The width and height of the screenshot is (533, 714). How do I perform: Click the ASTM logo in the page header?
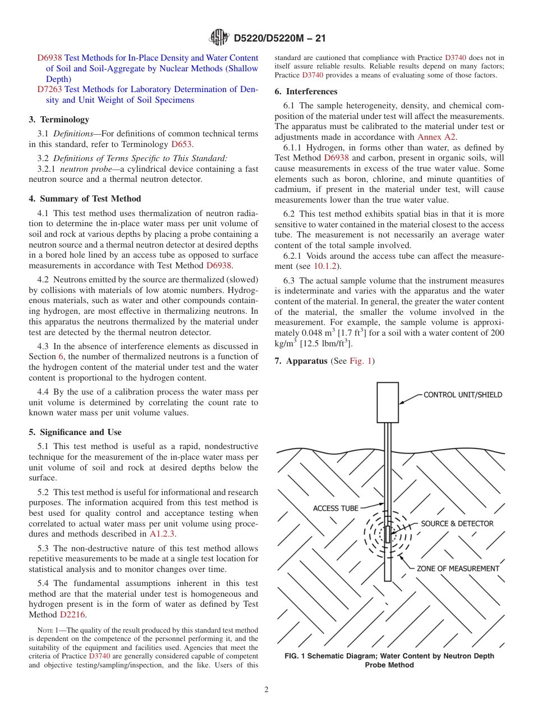pyautogui.click(x=219, y=38)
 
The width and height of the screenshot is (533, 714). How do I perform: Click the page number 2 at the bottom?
pyautogui.click(x=266, y=690)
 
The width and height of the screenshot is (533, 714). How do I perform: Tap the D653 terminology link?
pyautogui.click(x=181, y=144)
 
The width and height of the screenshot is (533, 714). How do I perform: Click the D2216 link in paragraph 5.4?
pyautogui.click(x=72, y=615)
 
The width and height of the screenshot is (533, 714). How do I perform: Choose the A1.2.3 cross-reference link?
pyautogui.click(x=162, y=534)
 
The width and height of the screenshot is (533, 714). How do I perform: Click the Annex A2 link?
pyautogui.click(x=436, y=137)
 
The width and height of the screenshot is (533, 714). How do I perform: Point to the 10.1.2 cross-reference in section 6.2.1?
pyautogui.click(x=324, y=266)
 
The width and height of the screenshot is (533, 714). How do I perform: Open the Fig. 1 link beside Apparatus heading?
pyautogui.click(x=361, y=361)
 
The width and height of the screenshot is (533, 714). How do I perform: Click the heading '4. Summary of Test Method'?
pyautogui.click(x=85, y=199)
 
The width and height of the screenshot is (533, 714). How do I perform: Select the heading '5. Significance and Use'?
pyautogui.click(x=75, y=432)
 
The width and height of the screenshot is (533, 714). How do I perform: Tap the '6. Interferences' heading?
pyautogui.click(x=306, y=91)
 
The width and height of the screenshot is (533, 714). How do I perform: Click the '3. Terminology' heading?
pyautogui.click(x=59, y=120)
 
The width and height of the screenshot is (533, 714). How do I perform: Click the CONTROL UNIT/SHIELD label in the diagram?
pyautogui.click(x=462, y=395)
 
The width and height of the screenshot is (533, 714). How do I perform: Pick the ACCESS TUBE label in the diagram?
pyautogui.click(x=336, y=509)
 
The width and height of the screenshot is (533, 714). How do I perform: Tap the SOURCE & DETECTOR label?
pyautogui.click(x=457, y=524)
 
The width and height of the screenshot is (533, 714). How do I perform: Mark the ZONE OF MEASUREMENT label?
pyautogui.click(x=457, y=569)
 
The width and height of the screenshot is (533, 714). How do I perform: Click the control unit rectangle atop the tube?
pyautogui.click(x=387, y=402)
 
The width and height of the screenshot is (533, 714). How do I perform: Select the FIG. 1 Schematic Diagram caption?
pyautogui.click(x=389, y=661)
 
